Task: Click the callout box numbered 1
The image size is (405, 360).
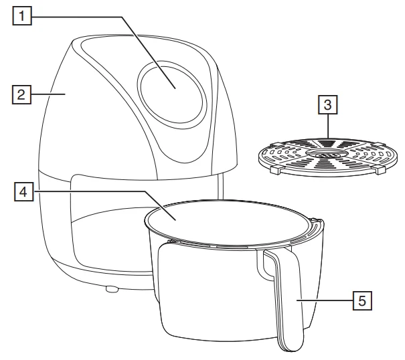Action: [22, 16]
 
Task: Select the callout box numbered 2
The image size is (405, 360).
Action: [21, 94]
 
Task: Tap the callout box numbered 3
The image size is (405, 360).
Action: [328, 104]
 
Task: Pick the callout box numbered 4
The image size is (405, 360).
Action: [23, 191]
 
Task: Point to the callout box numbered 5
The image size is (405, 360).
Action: [362, 300]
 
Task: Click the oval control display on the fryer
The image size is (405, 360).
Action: [172, 93]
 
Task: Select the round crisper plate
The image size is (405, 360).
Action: [328, 157]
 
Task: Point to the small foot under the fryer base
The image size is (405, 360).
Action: [112, 288]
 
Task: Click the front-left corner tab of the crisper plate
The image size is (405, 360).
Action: [276, 171]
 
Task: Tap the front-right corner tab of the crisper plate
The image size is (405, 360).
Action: [380, 171]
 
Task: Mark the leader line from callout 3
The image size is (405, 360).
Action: [328, 126]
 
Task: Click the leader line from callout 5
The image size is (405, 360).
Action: [325, 300]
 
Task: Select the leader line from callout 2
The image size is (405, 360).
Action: [48, 94]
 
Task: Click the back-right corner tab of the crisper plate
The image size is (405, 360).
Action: [379, 144]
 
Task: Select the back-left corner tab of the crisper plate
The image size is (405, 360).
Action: [274, 144]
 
